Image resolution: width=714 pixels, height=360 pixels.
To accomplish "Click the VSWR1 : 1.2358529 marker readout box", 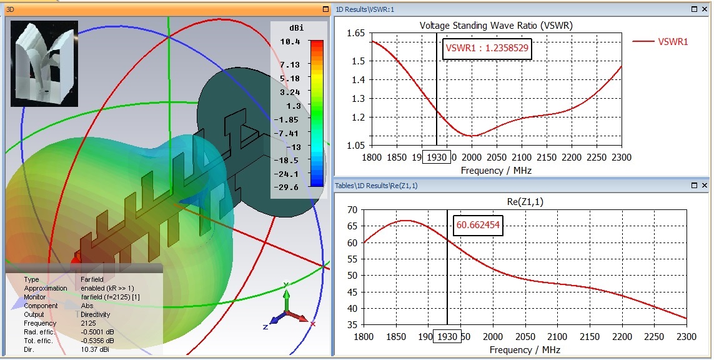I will (x=487, y=48).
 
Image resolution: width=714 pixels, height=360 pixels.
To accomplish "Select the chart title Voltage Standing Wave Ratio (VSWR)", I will (x=496, y=26).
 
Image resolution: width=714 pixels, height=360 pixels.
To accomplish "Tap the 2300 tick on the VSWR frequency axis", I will (x=621, y=157).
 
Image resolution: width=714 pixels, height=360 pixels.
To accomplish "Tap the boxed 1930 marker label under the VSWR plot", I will (x=435, y=157).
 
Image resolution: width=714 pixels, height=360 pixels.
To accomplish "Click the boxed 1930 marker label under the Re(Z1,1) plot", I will (x=447, y=337).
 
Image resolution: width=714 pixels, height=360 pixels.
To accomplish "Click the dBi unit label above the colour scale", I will (x=298, y=28).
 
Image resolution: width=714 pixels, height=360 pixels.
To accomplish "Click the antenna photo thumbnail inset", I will (x=44, y=63).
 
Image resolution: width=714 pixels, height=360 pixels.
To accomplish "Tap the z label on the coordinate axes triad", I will (x=265, y=327).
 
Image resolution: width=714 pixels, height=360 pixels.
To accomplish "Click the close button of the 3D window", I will (x=325, y=9).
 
